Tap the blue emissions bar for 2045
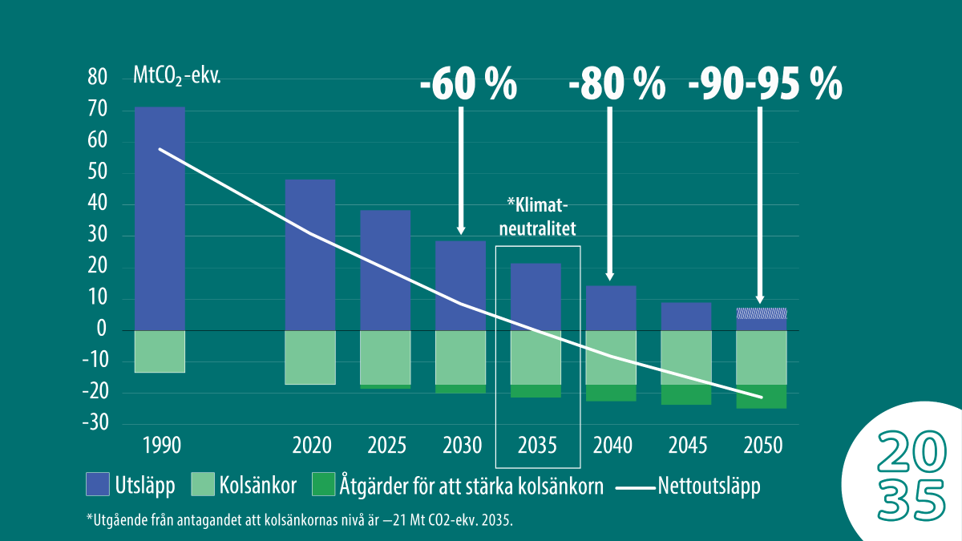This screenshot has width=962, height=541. pyautogui.click(x=686, y=317)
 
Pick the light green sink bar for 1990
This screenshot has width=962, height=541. pyautogui.click(x=160, y=351)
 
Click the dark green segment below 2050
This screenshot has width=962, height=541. pyautogui.click(x=761, y=397)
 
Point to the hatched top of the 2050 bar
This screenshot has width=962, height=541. pyautogui.click(x=761, y=313)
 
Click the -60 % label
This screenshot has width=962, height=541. pyautogui.click(x=469, y=83)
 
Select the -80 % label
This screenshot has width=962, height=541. pyautogui.click(x=617, y=83)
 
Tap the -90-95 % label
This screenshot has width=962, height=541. pyautogui.click(x=765, y=83)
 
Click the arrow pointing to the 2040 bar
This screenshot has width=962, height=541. pyautogui.click(x=611, y=192)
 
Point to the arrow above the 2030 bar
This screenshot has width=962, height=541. pyautogui.click(x=461, y=168)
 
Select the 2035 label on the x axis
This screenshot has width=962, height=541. pyautogui.click(x=537, y=445)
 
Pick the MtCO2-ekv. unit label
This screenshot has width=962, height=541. pyautogui.click(x=176, y=78)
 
